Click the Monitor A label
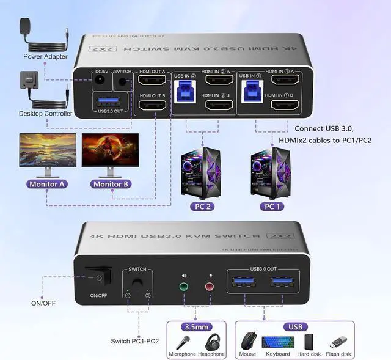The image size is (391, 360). pyautogui.click(x=46, y=183)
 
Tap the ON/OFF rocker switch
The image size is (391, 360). pyautogui.click(x=99, y=277)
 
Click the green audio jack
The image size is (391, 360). pyautogui.click(x=184, y=285)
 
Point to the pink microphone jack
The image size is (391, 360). pyautogui.click(x=210, y=285)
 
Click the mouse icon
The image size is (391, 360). pyautogui.click(x=248, y=340)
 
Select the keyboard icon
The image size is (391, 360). pyautogui.click(x=278, y=340)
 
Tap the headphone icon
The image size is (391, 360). pyautogui.click(x=213, y=340)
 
